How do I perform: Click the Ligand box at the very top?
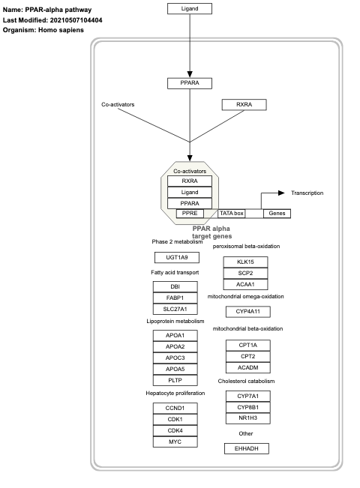pos(189,9)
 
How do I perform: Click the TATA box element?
pos(232,214)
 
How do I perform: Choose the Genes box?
pos(277,214)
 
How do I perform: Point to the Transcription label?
pos(307,193)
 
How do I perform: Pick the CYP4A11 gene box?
pos(247,311)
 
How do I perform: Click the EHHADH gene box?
pos(247,448)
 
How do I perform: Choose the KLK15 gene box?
pos(247,262)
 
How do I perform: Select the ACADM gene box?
pos(247,368)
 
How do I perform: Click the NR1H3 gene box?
pos(247,418)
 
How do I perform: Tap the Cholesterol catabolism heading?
pos(247,381)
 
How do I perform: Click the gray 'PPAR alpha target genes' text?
pos(211,232)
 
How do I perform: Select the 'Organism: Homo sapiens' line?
pos(43,30)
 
